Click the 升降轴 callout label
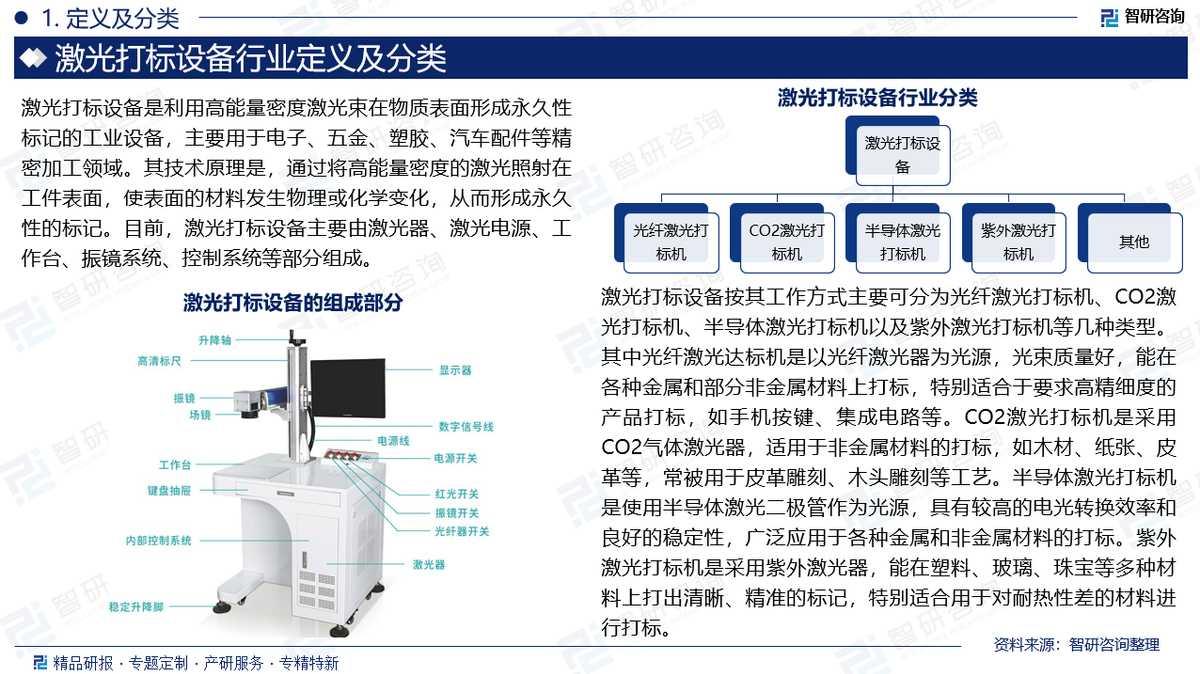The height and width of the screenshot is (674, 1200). pos(215,340)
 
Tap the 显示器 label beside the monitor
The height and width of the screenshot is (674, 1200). pos(455,370)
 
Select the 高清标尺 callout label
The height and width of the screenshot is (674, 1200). pos(159,361)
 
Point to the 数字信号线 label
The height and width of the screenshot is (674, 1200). pos(466,426)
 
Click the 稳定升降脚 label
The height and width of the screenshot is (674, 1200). pos(136,606)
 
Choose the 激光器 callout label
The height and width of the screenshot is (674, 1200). pos(429,564)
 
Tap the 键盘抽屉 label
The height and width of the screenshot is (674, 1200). pos(169,490)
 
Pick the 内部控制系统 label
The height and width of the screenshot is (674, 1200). pos(159,541)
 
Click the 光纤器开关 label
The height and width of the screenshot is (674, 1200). pos(462,531)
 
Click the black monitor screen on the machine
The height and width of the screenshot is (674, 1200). pos(348,388)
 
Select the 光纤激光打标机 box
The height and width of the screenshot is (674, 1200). pos(666,238)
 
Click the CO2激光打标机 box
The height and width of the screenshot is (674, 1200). pos(782,238)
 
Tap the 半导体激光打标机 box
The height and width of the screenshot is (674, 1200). pos(898,238)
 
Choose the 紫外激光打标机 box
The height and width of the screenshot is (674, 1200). pos(1014,238)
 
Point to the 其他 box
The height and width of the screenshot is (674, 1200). pos(1130,238)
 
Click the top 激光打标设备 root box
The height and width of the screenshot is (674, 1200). pos(898,151)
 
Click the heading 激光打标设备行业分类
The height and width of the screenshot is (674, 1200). pos(878,98)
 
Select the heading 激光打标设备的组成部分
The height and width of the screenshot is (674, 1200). pos(292,303)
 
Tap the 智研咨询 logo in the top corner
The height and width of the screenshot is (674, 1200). pos(1142,17)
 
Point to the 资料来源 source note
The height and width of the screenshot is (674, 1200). pos(1076,644)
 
